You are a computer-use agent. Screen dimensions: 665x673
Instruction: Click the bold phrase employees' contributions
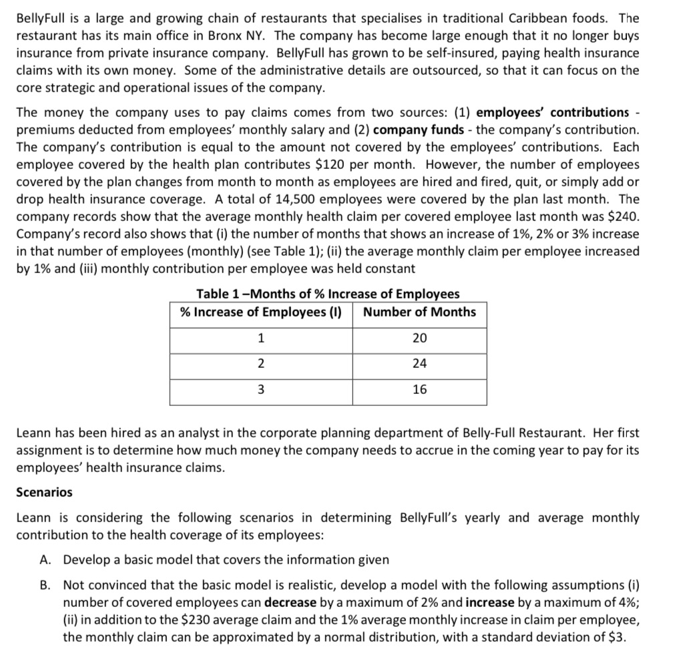coord(553,112)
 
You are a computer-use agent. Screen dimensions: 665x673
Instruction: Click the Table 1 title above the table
coord(328,294)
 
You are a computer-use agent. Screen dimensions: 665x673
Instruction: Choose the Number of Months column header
coord(419,312)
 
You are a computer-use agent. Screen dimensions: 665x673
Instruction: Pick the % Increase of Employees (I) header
coord(261,312)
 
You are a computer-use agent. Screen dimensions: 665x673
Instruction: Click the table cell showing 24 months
coord(419,364)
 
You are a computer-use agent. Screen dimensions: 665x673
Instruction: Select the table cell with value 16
coord(419,389)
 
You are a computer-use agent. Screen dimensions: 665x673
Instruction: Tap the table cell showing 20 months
coord(419,338)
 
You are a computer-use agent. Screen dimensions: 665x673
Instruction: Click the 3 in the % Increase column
coord(261,389)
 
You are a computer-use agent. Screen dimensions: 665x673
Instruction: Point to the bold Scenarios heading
coord(44,492)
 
